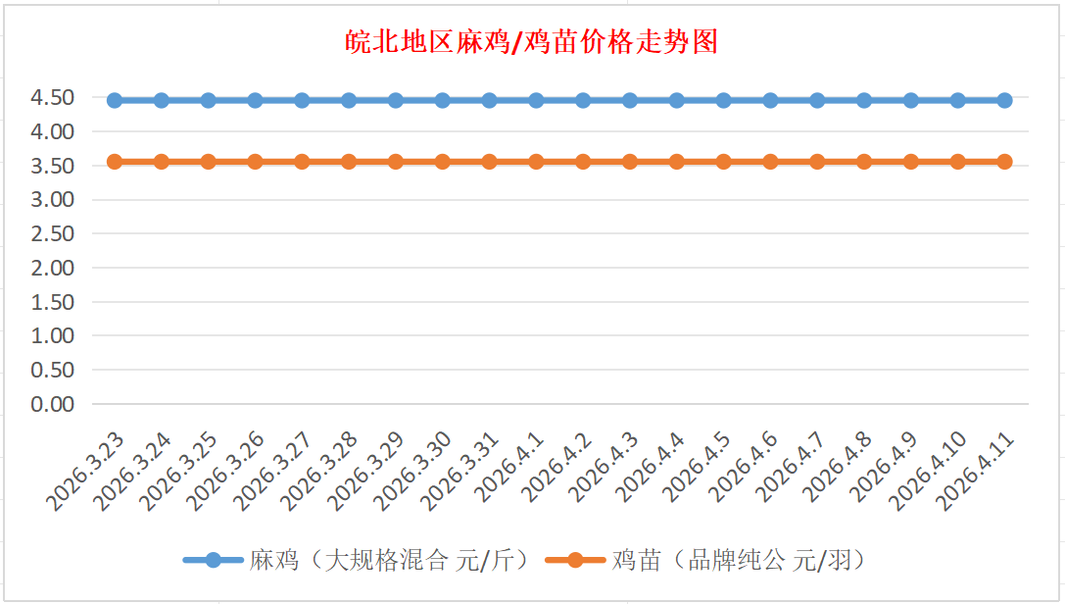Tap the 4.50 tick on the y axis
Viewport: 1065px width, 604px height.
pyautogui.click(x=53, y=98)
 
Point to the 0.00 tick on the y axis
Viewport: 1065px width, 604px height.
pyautogui.click(x=53, y=404)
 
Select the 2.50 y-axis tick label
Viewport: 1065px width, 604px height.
pyautogui.click(x=53, y=234)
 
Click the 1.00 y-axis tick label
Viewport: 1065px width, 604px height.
pyautogui.click(x=53, y=336)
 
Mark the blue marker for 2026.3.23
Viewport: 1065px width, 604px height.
pyautogui.click(x=115, y=100)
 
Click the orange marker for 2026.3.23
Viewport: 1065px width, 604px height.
pyautogui.click(x=115, y=162)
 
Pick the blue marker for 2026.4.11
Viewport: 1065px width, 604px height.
pyautogui.click(x=1004, y=100)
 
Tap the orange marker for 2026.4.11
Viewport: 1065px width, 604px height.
pyautogui.click(x=1004, y=162)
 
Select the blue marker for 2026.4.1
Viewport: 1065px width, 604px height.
pyautogui.click(x=536, y=100)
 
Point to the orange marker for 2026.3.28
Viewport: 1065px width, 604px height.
pyautogui.click(x=349, y=162)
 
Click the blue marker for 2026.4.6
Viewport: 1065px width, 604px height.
pyautogui.click(x=770, y=100)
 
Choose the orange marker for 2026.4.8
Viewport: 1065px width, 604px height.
pyautogui.click(x=864, y=162)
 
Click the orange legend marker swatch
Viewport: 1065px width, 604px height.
pyautogui.click(x=574, y=561)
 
